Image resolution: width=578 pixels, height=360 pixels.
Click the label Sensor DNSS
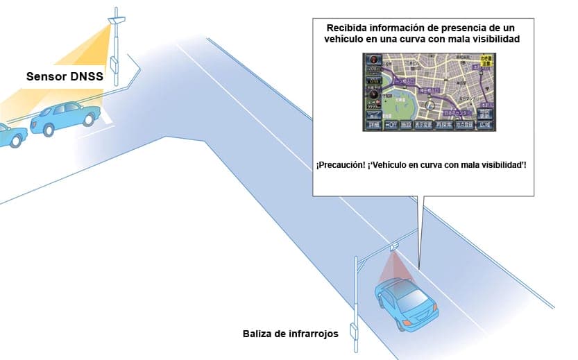(x=65, y=77)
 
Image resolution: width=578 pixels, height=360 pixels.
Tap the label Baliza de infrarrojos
(x=291, y=334)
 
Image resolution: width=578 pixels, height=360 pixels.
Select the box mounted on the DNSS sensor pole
(x=114, y=60)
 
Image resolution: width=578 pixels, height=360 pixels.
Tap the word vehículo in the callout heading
(x=348, y=40)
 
